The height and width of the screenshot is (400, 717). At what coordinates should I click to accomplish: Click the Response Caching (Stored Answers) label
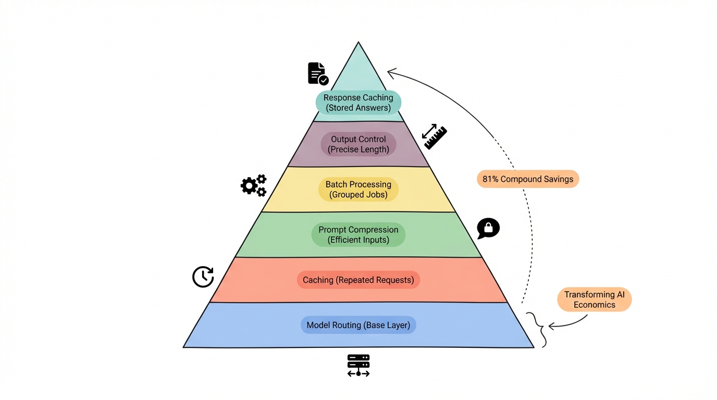358,103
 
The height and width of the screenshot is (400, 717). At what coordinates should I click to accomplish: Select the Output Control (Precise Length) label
358,144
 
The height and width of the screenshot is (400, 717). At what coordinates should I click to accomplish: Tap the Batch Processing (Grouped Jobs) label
358,190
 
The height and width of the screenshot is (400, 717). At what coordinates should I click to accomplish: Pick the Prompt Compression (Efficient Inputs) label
358,235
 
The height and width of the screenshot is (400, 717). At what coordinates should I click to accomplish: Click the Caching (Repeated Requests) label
358,280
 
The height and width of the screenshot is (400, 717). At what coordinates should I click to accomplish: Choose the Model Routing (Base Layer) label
358,325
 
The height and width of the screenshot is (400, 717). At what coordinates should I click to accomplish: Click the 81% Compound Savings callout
527,179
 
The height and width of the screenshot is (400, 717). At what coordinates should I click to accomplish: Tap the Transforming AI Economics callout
594,300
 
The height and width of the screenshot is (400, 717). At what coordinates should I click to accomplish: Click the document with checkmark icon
317,73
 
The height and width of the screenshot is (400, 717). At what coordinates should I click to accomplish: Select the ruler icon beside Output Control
434,136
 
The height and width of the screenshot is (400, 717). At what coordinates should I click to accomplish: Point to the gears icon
254,185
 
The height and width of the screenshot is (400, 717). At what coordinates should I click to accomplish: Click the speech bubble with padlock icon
488,228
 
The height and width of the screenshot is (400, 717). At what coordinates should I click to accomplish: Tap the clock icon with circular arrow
203,277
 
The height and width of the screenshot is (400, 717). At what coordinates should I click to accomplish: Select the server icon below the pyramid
358,366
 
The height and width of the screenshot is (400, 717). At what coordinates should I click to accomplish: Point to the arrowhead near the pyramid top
391,72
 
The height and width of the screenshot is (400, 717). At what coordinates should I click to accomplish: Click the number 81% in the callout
491,179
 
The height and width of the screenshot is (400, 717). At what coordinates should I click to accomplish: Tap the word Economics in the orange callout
594,305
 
